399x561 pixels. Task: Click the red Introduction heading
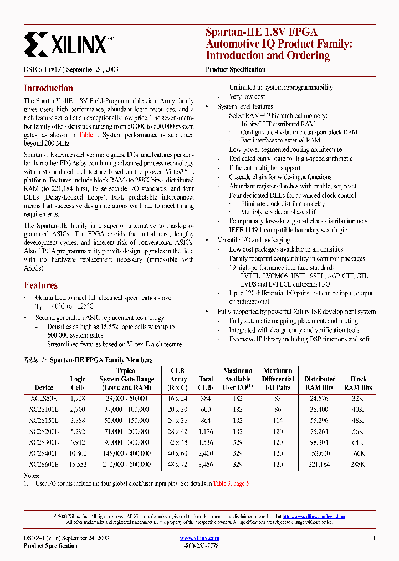tap(48, 88)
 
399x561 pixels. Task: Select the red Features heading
tap(40, 285)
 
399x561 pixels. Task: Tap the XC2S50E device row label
tap(44, 398)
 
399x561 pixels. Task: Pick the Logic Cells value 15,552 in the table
tap(78, 465)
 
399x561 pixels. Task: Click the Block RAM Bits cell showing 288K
tap(358, 465)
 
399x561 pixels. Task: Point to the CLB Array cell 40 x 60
tap(178, 453)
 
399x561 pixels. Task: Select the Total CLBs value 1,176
tap(206, 431)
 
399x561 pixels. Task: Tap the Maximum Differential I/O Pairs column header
tap(278, 379)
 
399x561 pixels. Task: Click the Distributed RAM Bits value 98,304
tap(320, 442)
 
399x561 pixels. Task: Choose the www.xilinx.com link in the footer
tap(200, 538)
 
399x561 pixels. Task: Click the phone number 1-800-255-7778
tap(199, 546)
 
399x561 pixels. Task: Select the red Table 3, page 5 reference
tap(231, 483)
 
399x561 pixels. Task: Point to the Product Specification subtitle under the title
tap(236, 69)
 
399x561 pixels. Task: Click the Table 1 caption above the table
tap(88, 360)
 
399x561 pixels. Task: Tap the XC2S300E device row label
tap(44, 442)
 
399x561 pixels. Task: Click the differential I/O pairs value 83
tap(278, 398)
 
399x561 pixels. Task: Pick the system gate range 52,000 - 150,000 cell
tap(127, 420)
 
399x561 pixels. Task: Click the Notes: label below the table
tap(32, 476)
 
